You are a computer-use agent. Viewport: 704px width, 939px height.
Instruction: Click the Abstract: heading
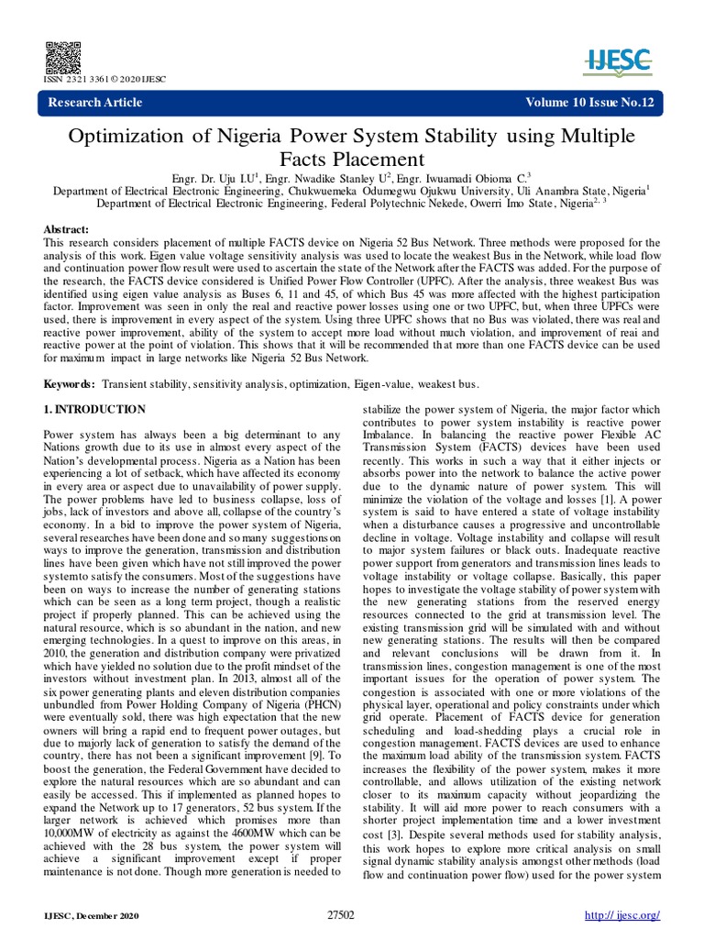click(x=67, y=229)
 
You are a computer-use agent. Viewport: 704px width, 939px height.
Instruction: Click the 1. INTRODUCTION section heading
click(x=94, y=408)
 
